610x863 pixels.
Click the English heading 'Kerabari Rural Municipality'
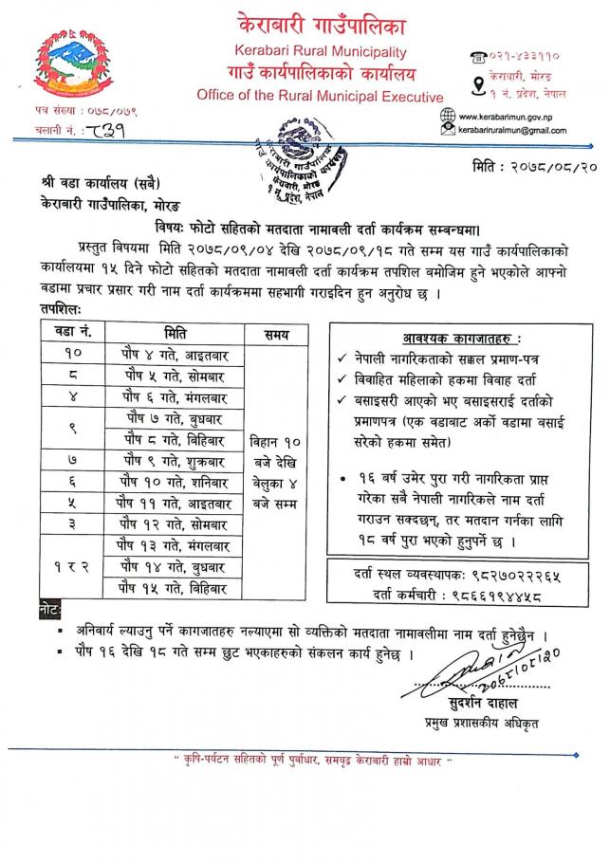point(320,52)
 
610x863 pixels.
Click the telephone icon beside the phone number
point(476,59)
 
